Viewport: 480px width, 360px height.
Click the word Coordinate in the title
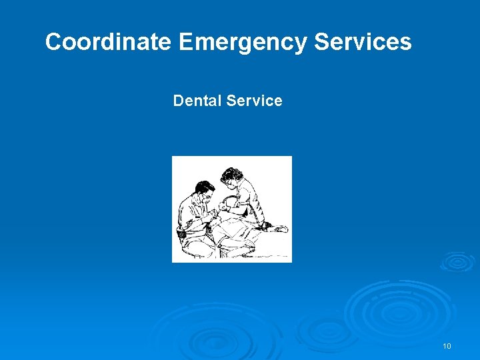tap(108, 43)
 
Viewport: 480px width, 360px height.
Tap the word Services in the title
tap(363, 43)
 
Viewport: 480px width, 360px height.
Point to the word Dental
tap(197, 101)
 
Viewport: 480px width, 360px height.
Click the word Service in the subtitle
tap(255, 101)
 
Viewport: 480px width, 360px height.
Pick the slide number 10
tap(447, 346)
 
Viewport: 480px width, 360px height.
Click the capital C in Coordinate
tap(53, 43)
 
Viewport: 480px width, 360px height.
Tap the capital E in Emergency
tap(186, 43)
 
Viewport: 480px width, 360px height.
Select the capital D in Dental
tap(178, 101)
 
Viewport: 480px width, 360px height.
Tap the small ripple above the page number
tap(457, 261)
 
